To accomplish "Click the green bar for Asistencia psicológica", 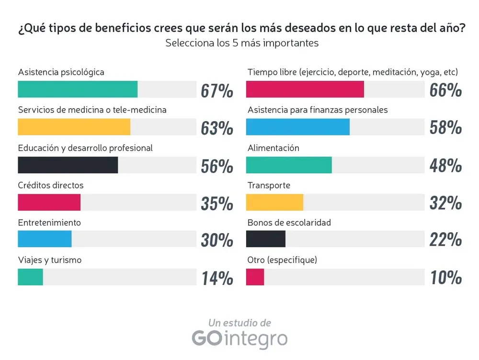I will [x=78, y=90].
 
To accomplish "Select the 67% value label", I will [x=217, y=90].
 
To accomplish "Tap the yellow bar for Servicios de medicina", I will [x=74, y=127].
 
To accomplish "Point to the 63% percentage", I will [x=217, y=128].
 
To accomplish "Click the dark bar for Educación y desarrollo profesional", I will [x=68, y=165].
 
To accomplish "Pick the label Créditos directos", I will [x=51, y=185].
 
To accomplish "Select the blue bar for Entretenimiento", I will [x=45, y=239].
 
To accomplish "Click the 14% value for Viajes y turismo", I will [x=217, y=278].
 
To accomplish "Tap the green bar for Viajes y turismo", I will [x=30, y=277].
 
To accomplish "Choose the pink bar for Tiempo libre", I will [x=305, y=90].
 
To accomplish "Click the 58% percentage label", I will [x=446, y=128].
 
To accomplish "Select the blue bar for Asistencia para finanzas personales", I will [x=298, y=127].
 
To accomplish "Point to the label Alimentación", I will [x=274, y=148].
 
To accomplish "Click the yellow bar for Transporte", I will [x=274, y=202].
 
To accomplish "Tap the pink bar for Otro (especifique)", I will [x=255, y=277].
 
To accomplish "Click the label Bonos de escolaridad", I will [x=289, y=223].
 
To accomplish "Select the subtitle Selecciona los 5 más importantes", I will [x=242, y=43].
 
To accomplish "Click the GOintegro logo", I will [x=239, y=338].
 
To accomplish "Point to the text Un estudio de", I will [x=239, y=323].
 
